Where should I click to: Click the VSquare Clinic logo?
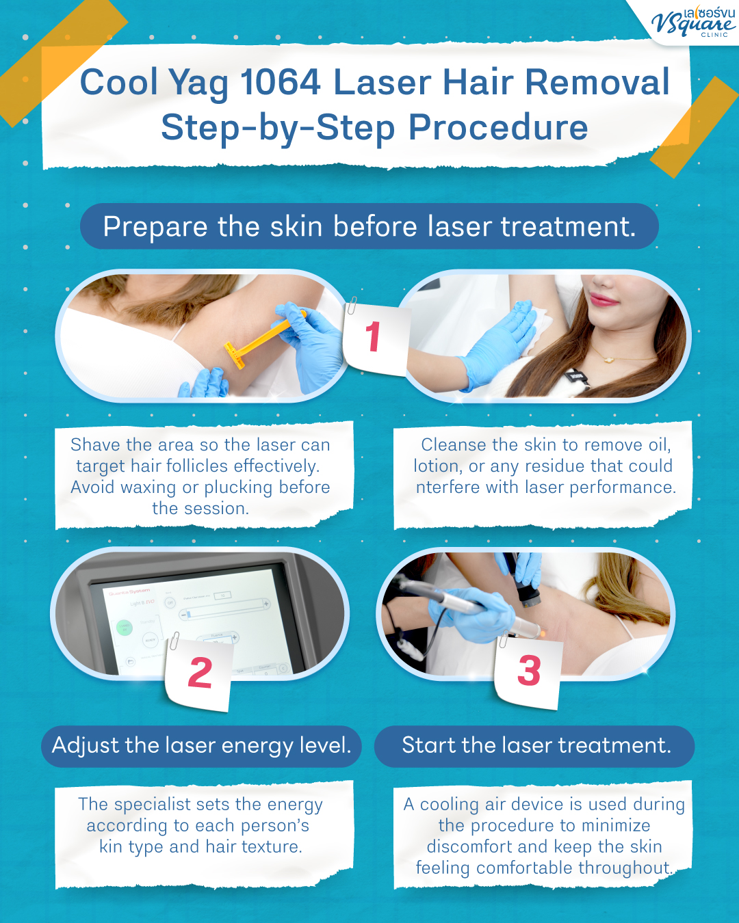[692, 22]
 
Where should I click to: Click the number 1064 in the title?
[281, 83]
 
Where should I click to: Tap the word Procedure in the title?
[498, 128]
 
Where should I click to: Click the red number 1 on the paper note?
[373, 337]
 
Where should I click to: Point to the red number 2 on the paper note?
[200, 673]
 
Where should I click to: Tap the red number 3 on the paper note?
[529, 671]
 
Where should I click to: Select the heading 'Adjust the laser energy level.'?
[201, 745]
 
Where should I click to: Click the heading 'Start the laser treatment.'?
[535, 745]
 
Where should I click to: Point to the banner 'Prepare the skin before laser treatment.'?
[369, 226]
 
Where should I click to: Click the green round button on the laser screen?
[125, 627]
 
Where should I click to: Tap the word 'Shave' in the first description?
[95, 445]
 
